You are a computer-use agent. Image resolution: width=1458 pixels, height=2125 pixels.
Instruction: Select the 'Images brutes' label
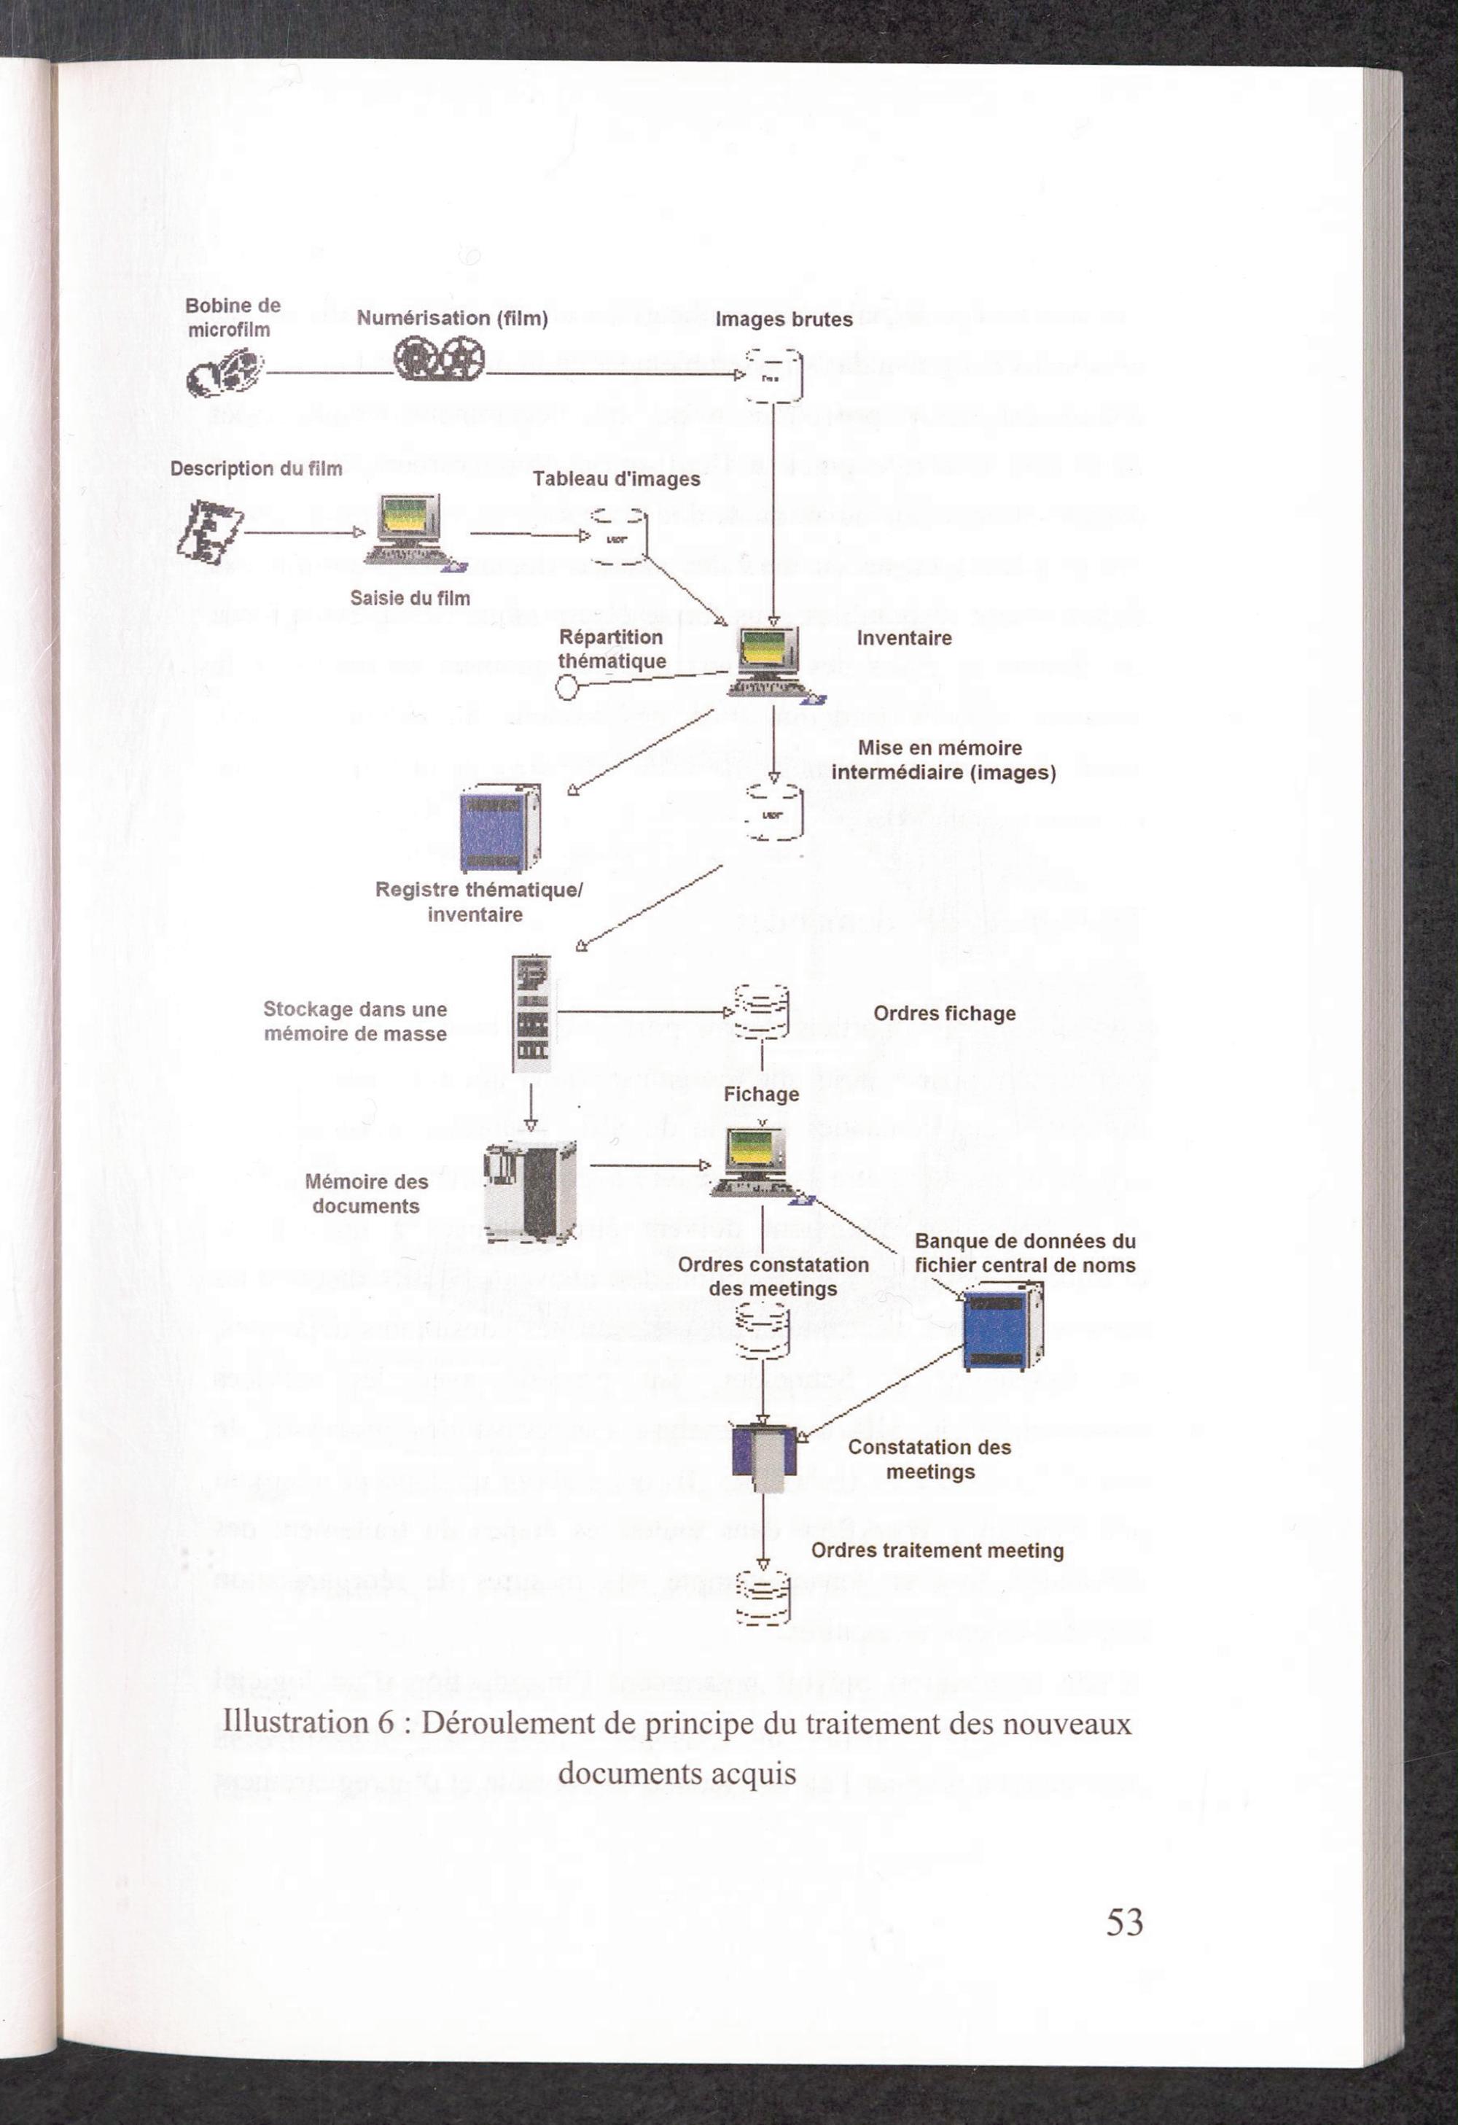tap(784, 319)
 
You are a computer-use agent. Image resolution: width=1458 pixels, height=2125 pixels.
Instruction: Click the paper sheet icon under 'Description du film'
tap(210, 530)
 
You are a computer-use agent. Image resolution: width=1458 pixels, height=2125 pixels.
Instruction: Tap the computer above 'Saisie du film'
tap(411, 531)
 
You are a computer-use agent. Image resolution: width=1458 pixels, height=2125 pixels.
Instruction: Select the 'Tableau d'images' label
tap(616, 479)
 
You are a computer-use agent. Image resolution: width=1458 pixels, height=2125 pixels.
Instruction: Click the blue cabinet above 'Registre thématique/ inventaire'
tap(499, 828)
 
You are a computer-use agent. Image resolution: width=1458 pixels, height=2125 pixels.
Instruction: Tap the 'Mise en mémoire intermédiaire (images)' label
tap(943, 760)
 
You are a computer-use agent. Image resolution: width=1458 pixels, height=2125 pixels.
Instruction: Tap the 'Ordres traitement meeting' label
tap(937, 1551)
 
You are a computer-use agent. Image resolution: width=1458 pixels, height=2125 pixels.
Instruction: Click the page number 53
tap(1124, 1922)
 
